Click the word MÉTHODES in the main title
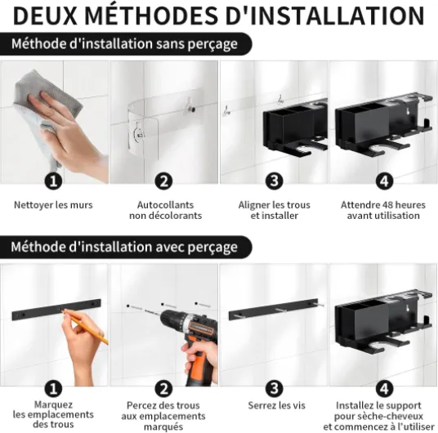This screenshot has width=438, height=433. pos(151,16)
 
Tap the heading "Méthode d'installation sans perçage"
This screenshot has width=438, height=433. pos(124,44)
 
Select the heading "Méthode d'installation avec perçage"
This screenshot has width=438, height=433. pos(124,247)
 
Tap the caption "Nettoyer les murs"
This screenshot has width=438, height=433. pos(53,205)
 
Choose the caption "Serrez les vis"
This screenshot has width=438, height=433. pos(276,405)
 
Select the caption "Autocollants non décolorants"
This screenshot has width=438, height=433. pos(165,210)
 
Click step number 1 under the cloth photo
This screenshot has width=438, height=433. pos(53,181)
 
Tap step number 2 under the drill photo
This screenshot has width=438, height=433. pos(163,389)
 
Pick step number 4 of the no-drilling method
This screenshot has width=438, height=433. pos(384,181)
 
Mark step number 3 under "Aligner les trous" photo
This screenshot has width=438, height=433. pos(274,181)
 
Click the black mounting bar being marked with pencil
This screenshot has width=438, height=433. pos(56,310)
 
